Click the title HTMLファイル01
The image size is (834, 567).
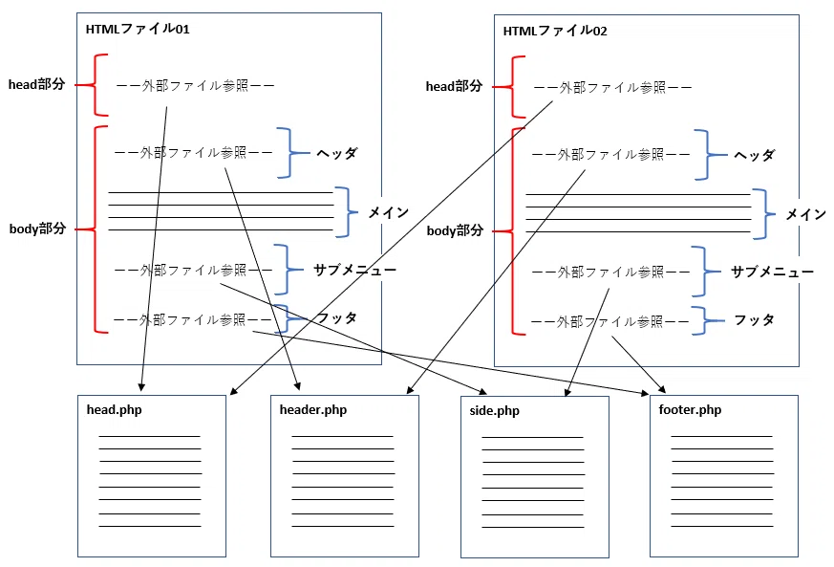(x=138, y=29)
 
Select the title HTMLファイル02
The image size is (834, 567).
(x=555, y=31)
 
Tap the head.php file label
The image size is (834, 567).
(x=115, y=410)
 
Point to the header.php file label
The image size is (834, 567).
(x=313, y=410)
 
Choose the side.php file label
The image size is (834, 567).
(x=495, y=411)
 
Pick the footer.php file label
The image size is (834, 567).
(x=690, y=410)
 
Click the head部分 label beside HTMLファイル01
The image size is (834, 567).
(x=36, y=84)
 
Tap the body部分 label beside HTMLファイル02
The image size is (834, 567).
(x=456, y=231)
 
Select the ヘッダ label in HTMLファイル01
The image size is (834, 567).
(x=336, y=153)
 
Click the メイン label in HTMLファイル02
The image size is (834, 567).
(x=805, y=214)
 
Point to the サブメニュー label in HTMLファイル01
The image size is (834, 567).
(x=354, y=270)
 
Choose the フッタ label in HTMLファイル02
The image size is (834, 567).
(x=754, y=320)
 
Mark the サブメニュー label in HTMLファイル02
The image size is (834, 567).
(x=772, y=273)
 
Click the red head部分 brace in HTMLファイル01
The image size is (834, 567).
(x=95, y=85)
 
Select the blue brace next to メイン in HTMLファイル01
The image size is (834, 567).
(x=349, y=212)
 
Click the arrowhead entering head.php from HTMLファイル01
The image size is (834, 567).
(x=141, y=387)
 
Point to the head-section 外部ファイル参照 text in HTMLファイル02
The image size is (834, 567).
(x=612, y=88)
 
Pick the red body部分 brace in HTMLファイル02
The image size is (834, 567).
(x=513, y=231)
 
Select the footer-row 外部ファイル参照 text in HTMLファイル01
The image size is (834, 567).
(x=193, y=320)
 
